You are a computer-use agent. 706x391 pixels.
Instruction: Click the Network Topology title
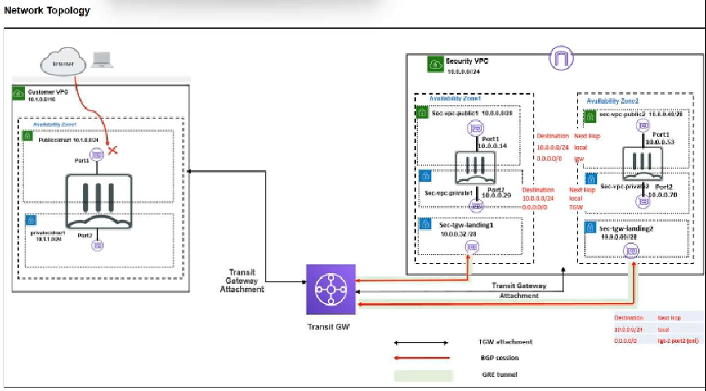(47, 11)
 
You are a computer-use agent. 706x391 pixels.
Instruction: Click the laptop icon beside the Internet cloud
(102, 61)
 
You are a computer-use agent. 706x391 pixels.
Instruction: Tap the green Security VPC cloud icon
(434, 62)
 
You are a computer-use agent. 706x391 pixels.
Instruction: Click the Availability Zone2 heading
(612, 100)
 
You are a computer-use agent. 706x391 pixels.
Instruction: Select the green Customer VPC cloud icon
(19, 93)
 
